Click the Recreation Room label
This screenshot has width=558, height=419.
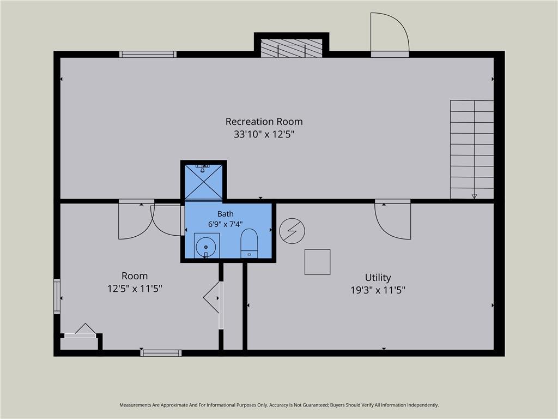264,122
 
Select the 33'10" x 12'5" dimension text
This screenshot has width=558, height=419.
264,134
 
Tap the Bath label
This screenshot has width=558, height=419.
225,214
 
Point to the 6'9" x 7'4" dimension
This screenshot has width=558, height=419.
225,224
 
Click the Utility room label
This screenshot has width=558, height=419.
378,278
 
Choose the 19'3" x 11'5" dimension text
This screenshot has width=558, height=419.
378,290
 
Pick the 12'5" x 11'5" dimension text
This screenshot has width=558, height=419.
135,288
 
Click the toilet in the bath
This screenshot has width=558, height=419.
249,243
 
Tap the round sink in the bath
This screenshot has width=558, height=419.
207,246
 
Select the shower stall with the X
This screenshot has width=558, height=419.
204,182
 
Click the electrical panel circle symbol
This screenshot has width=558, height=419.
292,231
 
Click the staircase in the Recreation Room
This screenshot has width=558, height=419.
472,149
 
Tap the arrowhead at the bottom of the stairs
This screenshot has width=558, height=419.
474,196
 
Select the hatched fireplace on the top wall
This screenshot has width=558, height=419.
292,47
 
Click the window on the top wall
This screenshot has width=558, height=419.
148,54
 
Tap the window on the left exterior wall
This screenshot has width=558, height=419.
57,296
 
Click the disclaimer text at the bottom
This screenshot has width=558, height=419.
279,405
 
